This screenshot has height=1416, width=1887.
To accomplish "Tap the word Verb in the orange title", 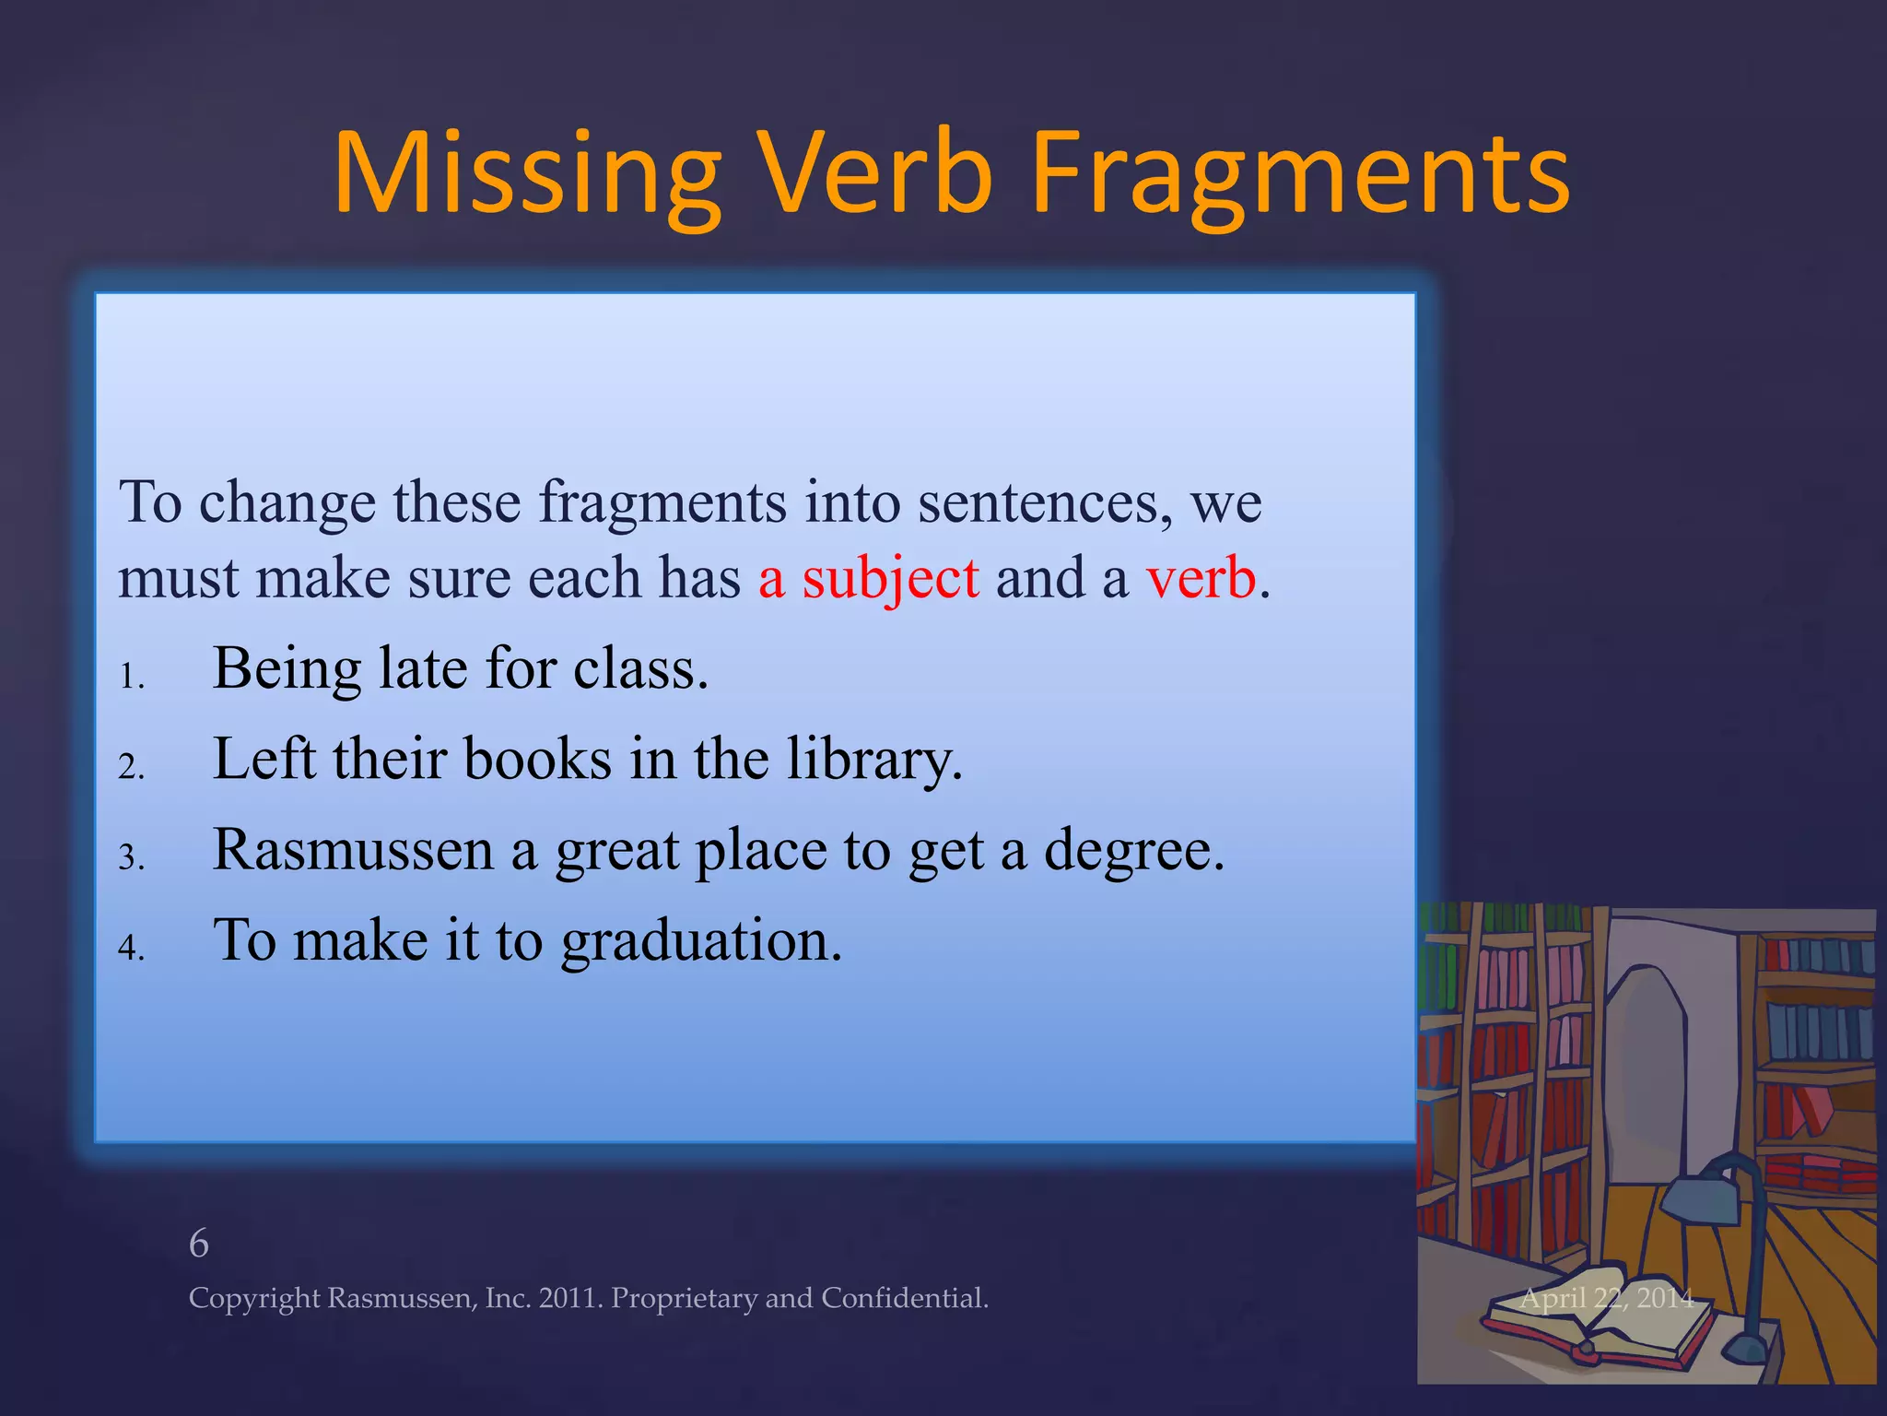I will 874,173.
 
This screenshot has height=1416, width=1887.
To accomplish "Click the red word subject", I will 890,579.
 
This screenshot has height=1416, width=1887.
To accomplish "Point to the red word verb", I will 1201,579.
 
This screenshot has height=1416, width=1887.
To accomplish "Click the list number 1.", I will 131,678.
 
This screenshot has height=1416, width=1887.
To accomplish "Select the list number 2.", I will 131,767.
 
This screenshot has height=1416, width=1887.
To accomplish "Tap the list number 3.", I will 131,858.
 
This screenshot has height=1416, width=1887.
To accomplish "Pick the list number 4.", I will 131,948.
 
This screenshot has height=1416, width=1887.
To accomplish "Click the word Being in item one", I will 287,668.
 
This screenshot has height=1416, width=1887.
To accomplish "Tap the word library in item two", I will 873,760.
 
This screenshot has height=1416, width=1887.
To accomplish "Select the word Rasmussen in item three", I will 353,849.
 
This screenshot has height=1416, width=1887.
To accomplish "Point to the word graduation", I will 701,942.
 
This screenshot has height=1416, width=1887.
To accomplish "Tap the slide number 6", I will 199,1245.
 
